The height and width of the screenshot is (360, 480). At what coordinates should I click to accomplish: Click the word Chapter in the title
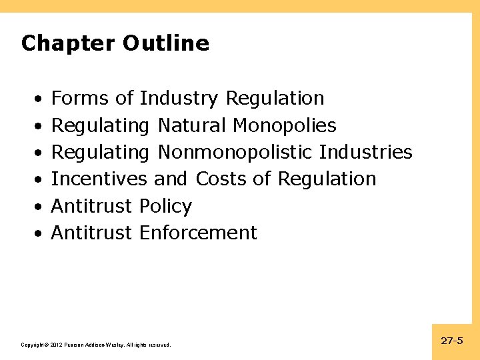tap(69, 44)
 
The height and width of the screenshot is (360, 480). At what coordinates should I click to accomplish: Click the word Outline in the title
tap(166, 44)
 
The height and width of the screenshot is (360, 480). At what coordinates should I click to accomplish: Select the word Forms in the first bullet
tap(80, 99)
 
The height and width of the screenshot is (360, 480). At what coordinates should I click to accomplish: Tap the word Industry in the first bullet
tap(179, 99)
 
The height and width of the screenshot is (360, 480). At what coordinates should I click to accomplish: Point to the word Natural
tap(193, 125)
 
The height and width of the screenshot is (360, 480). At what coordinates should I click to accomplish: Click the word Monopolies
tap(285, 125)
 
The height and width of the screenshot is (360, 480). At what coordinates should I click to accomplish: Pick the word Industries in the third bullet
tap(366, 152)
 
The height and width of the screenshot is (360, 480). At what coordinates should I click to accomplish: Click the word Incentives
tap(99, 179)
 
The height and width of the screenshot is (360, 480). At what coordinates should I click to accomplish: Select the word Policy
tap(165, 207)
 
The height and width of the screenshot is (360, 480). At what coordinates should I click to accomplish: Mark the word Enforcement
tap(198, 233)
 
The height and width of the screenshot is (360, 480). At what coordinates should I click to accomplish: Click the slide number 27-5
tap(452, 341)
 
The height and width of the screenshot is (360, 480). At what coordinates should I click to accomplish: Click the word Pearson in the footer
tap(74, 345)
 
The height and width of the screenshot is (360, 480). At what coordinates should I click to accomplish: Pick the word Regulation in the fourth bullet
tap(327, 179)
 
